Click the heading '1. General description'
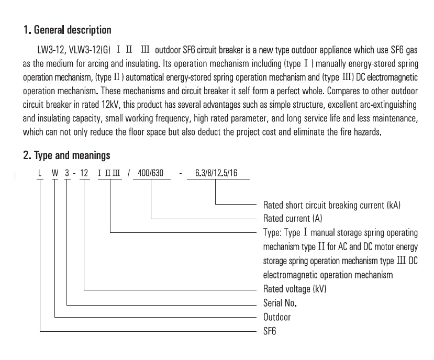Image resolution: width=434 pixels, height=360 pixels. click(x=67, y=30)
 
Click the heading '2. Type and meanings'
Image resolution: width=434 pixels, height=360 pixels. click(x=66, y=155)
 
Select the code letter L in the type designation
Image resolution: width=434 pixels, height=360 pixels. click(x=40, y=173)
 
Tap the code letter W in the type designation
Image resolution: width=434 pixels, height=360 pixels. click(x=55, y=173)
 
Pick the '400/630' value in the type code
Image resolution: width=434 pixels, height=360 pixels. click(x=151, y=173)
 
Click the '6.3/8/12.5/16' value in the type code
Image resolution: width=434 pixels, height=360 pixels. click(x=216, y=173)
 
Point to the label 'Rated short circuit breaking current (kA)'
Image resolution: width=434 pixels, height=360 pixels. click(x=332, y=205)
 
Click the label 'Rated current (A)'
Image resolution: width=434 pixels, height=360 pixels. click(x=293, y=218)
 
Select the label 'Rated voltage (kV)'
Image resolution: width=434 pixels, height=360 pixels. click(x=295, y=289)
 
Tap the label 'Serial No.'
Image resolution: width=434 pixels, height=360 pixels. click(x=280, y=303)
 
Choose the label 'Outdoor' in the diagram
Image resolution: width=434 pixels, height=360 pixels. click(x=277, y=317)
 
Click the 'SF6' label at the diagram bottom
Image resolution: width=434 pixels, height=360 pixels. click(x=270, y=331)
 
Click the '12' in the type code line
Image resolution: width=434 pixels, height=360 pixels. click(x=84, y=173)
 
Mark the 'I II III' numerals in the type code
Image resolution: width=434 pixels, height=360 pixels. click(x=109, y=173)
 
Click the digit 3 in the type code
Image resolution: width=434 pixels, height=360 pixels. click(x=67, y=173)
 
